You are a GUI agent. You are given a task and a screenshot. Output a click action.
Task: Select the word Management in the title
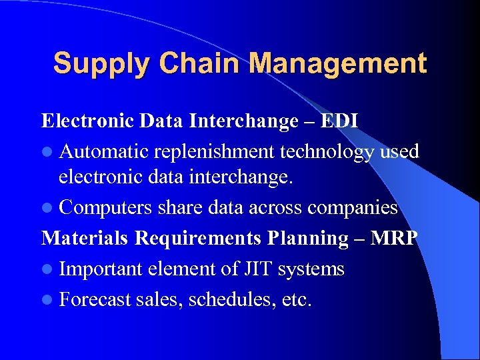pyautogui.click(x=340, y=65)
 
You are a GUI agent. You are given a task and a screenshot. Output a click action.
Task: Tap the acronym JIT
pyautogui.click(x=257, y=269)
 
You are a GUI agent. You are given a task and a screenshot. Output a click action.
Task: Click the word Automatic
pyautogui.click(x=103, y=151)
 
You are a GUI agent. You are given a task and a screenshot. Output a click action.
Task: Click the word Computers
pyautogui.click(x=106, y=208)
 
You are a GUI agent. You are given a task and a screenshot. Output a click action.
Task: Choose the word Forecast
pyautogui.click(x=95, y=299)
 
